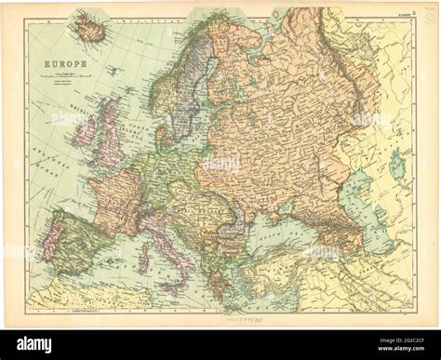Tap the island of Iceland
coord(89,27)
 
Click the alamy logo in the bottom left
coord(34,343)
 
